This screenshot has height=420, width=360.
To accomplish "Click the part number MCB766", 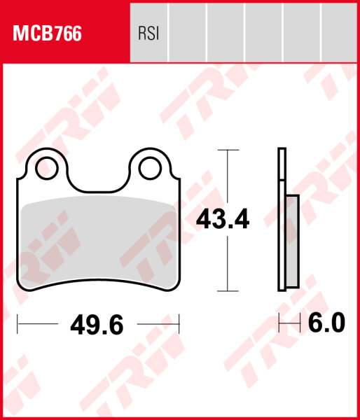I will pyautogui.click(x=46, y=33).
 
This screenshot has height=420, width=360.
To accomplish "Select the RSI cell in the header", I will pyautogui.click(x=148, y=33).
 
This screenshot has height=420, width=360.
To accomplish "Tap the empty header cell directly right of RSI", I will pyautogui.click(x=188, y=33).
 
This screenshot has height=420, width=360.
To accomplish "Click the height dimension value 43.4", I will pyautogui.click(x=223, y=219).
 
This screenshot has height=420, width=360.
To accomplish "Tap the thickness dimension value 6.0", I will pyautogui.click(x=326, y=323).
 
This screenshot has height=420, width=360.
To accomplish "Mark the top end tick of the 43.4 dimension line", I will pyautogui.click(x=225, y=150).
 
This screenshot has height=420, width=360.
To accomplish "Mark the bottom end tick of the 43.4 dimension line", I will pyautogui.click(x=225, y=290).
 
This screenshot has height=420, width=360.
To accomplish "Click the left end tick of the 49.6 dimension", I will pyautogui.click(x=17, y=324).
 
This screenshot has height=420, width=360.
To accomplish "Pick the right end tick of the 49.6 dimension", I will pyautogui.click(x=180, y=324).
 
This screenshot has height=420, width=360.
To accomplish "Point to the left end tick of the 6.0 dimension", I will pyautogui.click(x=279, y=323).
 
